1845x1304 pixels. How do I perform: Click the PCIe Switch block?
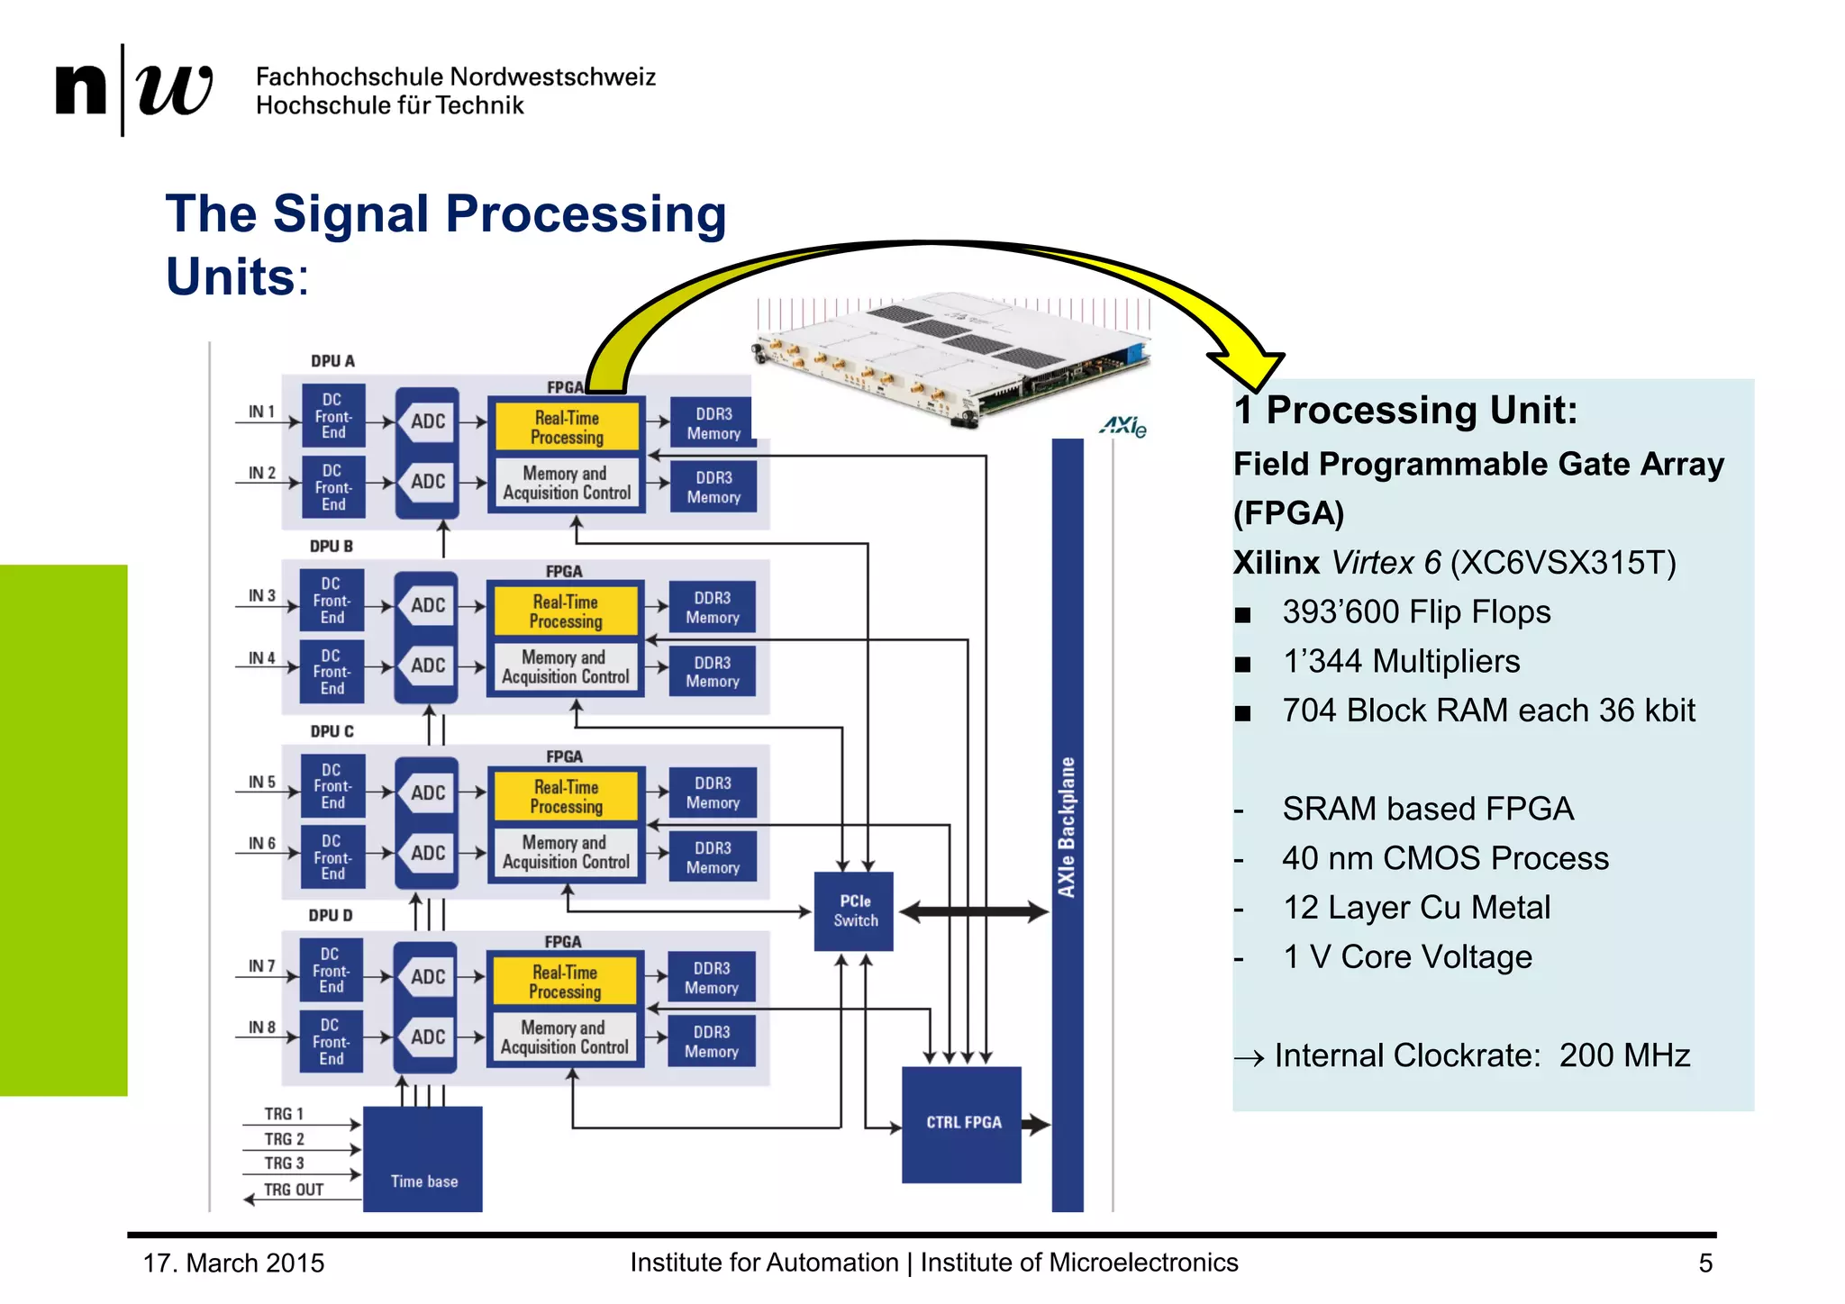point(853,910)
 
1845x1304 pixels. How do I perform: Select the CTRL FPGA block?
point(961,1124)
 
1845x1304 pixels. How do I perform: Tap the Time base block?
point(423,1159)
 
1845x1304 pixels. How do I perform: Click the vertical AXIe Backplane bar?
point(1067,824)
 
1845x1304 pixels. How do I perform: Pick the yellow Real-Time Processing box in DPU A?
point(566,427)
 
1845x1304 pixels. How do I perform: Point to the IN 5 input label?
point(261,782)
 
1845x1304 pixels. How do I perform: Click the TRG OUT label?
point(293,1190)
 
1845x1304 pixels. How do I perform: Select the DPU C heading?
point(332,731)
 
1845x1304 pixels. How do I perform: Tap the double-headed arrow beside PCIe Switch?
point(973,911)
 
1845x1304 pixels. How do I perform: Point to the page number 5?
point(1704,1263)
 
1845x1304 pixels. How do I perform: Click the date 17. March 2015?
point(233,1263)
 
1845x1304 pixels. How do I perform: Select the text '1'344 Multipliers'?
point(1400,661)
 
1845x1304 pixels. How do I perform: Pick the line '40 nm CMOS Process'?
point(1444,858)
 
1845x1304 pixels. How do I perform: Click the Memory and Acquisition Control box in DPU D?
point(565,1037)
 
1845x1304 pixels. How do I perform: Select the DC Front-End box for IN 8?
point(331,1041)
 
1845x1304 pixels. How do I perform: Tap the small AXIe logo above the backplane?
point(1122,426)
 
